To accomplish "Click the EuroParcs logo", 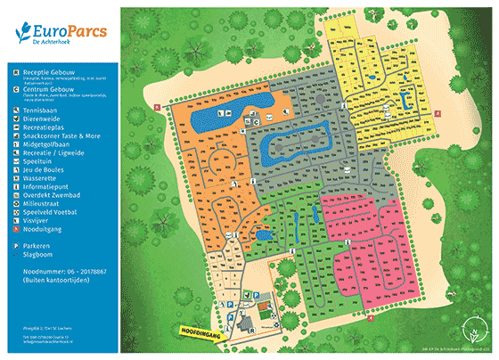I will tap(61, 34).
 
